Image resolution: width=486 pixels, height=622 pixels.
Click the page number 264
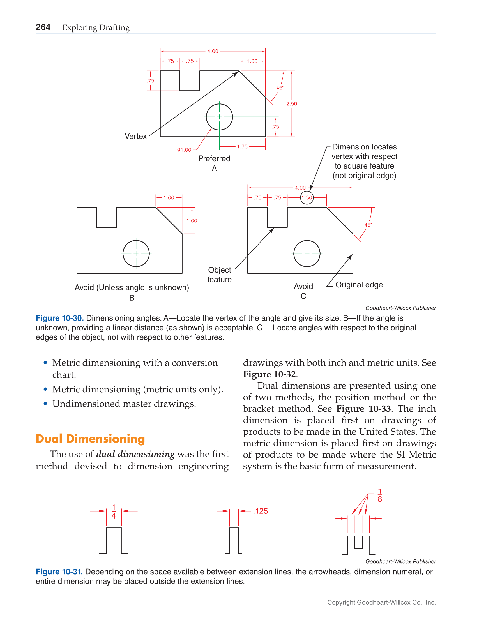pyautogui.click(x=43, y=27)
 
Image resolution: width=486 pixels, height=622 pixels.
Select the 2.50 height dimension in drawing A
pyautogui.click(x=291, y=104)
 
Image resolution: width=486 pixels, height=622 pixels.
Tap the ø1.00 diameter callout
pyautogui.click(x=184, y=150)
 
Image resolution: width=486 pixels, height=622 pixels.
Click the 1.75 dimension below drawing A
pyautogui.click(x=242, y=147)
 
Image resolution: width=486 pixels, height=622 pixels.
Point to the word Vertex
pyautogui.click(x=136, y=136)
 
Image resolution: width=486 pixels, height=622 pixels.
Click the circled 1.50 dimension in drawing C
pyautogui.click(x=307, y=198)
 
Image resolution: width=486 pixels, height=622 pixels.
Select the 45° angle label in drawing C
pyautogui.click(x=368, y=225)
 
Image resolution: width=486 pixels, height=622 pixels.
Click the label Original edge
pyautogui.click(x=359, y=285)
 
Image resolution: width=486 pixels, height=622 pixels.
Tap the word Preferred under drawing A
pyautogui.click(x=214, y=159)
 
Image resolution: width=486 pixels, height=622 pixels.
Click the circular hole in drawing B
pyautogui.click(x=136, y=254)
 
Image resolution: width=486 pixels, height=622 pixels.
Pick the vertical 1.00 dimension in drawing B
pyautogui.click(x=192, y=221)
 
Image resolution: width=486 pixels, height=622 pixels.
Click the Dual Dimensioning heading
pyautogui.click(x=90, y=439)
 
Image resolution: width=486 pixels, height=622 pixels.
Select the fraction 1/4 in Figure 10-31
pyautogui.click(x=114, y=512)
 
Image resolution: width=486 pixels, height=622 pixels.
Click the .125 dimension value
pyautogui.click(x=260, y=511)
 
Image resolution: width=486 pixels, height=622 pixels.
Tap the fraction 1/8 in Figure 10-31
pyautogui.click(x=379, y=495)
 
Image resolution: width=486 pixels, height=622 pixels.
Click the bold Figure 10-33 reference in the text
pyautogui.click(x=363, y=409)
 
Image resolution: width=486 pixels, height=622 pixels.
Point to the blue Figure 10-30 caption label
pyautogui.click(x=59, y=318)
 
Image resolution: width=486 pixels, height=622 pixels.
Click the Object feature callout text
pyautogui.click(x=219, y=275)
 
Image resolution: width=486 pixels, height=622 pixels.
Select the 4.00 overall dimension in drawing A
pyautogui.click(x=213, y=51)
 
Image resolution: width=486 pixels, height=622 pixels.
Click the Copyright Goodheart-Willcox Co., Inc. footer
pyautogui.click(x=381, y=602)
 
